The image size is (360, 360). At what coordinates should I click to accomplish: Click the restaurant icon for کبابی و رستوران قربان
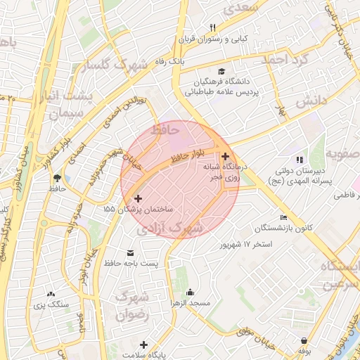tap(212, 27)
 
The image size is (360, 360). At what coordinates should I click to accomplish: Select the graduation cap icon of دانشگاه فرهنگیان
tap(222, 71)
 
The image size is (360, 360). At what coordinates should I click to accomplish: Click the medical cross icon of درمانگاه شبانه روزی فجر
tap(225, 156)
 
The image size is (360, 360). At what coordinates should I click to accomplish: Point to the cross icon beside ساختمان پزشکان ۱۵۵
tap(138, 199)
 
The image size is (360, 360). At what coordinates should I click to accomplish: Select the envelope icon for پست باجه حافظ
tap(130, 252)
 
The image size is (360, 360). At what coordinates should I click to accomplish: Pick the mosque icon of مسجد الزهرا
tap(189, 292)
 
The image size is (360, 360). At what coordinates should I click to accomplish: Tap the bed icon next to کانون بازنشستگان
tap(283, 217)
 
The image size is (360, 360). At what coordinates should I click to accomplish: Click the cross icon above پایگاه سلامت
tap(144, 345)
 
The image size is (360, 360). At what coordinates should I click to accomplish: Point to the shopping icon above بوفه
tap(304, 340)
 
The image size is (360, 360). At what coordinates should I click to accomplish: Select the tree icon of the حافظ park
tap(57, 178)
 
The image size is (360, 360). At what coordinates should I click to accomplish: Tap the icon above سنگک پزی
tap(51, 294)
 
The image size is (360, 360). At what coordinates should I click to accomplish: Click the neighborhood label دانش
tap(311, 102)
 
